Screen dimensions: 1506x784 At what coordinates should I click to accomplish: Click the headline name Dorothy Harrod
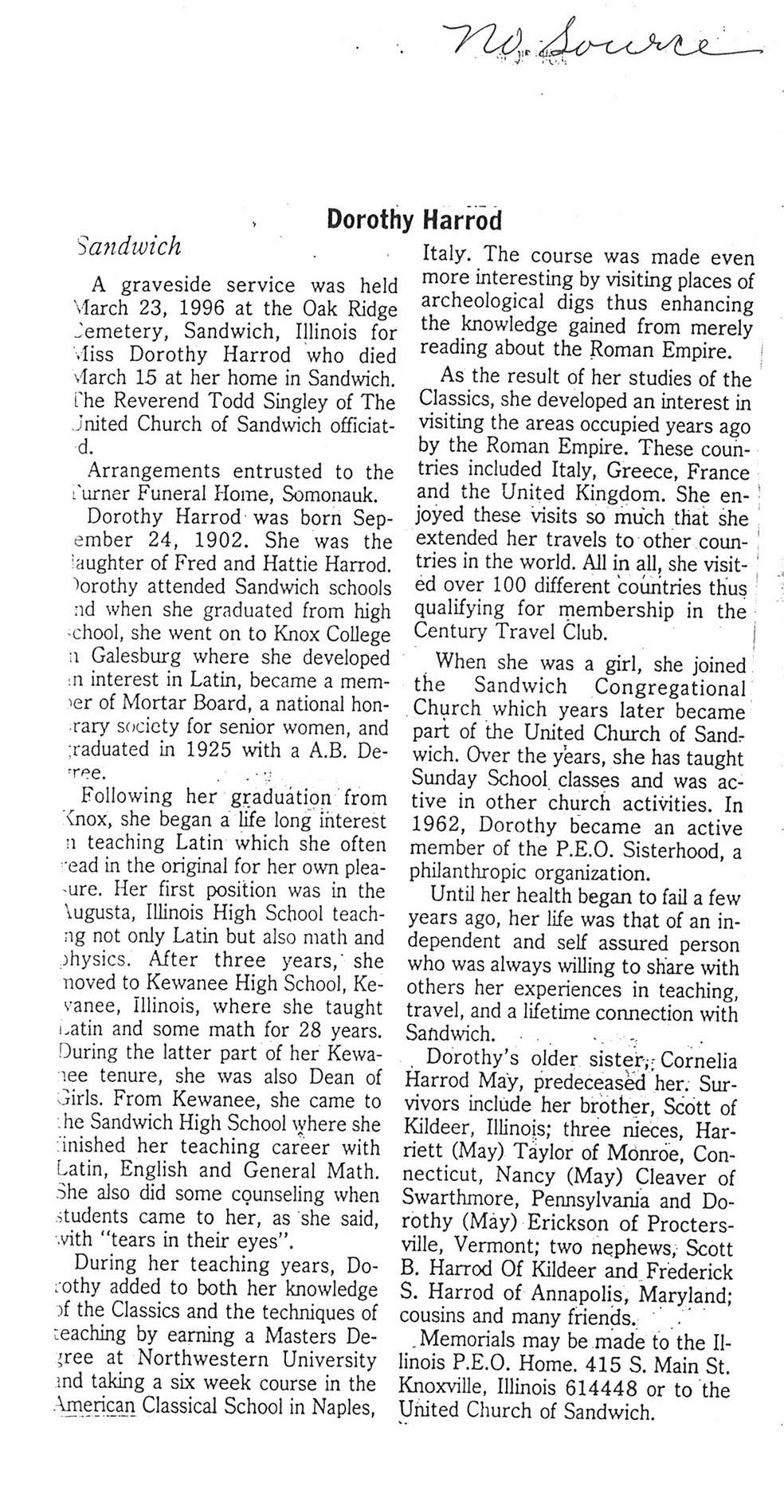414,220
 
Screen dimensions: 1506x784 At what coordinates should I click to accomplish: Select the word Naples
346,1406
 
